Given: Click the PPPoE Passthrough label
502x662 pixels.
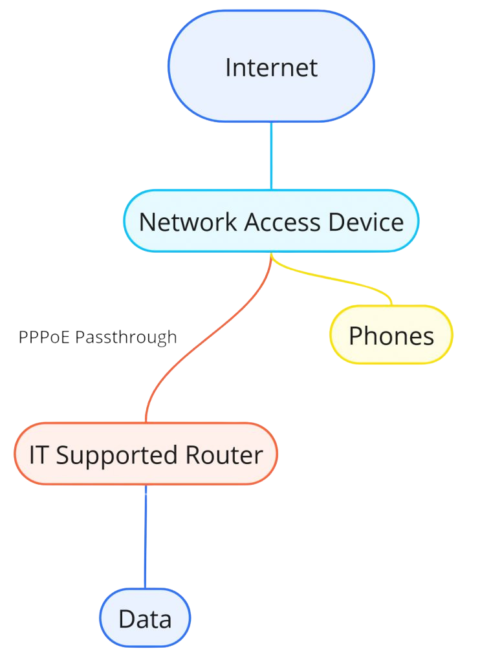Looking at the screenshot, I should pyautogui.click(x=98, y=337).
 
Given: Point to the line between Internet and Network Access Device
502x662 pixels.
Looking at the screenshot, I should pyautogui.click(x=271, y=156).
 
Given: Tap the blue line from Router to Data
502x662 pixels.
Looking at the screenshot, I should pyautogui.click(x=146, y=537).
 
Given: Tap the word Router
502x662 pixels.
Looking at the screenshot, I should pyautogui.click(x=224, y=455).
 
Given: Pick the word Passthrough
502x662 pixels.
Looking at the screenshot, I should pyautogui.click(x=126, y=337).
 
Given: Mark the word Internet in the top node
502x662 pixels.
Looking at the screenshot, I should pyautogui.click(x=271, y=67).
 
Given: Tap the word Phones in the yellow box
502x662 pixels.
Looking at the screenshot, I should pyautogui.click(x=391, y=336).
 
